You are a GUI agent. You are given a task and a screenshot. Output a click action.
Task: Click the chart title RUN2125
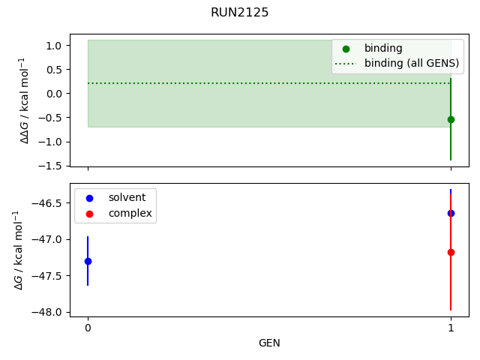(239, 13)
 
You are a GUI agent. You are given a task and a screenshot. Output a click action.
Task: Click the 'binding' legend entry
(382, 49)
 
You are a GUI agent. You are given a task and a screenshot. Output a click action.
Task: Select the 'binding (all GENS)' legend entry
(411, 63)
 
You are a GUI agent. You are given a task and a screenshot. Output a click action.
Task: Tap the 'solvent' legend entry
(127, 198)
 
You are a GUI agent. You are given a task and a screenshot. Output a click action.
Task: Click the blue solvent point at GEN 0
(88, 261)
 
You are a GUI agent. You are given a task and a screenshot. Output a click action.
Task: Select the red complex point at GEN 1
(451, 252)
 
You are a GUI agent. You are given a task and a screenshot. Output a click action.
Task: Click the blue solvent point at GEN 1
(451, 213)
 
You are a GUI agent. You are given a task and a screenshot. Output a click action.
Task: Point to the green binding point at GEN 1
(451, 119)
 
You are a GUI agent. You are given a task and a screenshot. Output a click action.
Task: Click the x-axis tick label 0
(88, 328)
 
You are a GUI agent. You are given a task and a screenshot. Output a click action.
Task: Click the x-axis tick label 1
(451, 328)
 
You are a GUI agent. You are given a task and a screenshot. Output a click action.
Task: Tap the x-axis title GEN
(269, 343)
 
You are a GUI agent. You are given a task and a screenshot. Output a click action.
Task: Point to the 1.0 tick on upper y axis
(55, 46)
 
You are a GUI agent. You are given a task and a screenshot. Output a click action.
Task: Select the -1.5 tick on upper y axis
(52, 166)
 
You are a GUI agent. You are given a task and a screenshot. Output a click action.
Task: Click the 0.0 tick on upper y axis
(55, 94)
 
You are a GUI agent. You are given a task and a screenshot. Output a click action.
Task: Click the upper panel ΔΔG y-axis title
(25, 100)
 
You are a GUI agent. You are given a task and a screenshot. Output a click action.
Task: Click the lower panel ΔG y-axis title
(19, 250)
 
